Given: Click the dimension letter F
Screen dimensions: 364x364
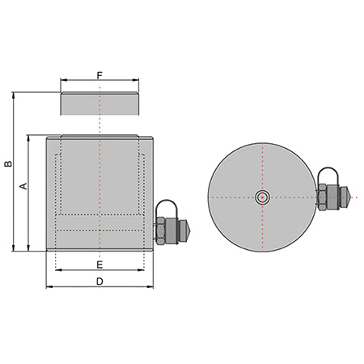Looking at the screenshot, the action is click(x=99, y=75).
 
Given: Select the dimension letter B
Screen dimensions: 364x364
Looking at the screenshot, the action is click(x=9, y=163).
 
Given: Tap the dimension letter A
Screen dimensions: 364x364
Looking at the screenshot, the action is click(x=23, y=186).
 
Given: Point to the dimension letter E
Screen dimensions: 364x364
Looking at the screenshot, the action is click(x=99, y=265).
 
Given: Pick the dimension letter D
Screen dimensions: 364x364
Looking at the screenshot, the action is click(x=99, y=281).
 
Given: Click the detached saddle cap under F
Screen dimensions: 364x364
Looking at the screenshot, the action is click(x=99, y=104).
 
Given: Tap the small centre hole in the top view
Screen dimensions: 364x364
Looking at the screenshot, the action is click(x=262, y=197).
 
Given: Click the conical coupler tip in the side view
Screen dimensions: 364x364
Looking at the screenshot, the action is click(x=188, y=231).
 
